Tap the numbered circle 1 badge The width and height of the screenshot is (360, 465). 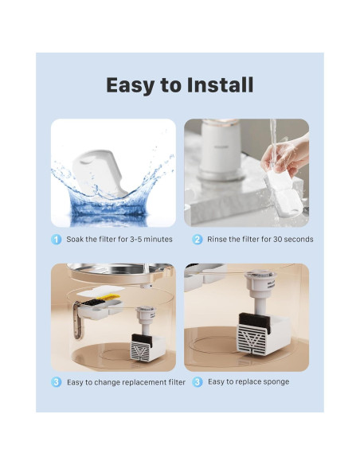(57, 239)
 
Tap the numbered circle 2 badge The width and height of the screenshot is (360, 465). (197, 239)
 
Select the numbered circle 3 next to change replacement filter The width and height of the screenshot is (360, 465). (57, 382)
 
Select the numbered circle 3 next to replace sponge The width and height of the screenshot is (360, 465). (197, 382)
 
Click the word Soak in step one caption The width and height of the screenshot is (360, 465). (74, 239)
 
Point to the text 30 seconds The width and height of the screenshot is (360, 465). (292, 239)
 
